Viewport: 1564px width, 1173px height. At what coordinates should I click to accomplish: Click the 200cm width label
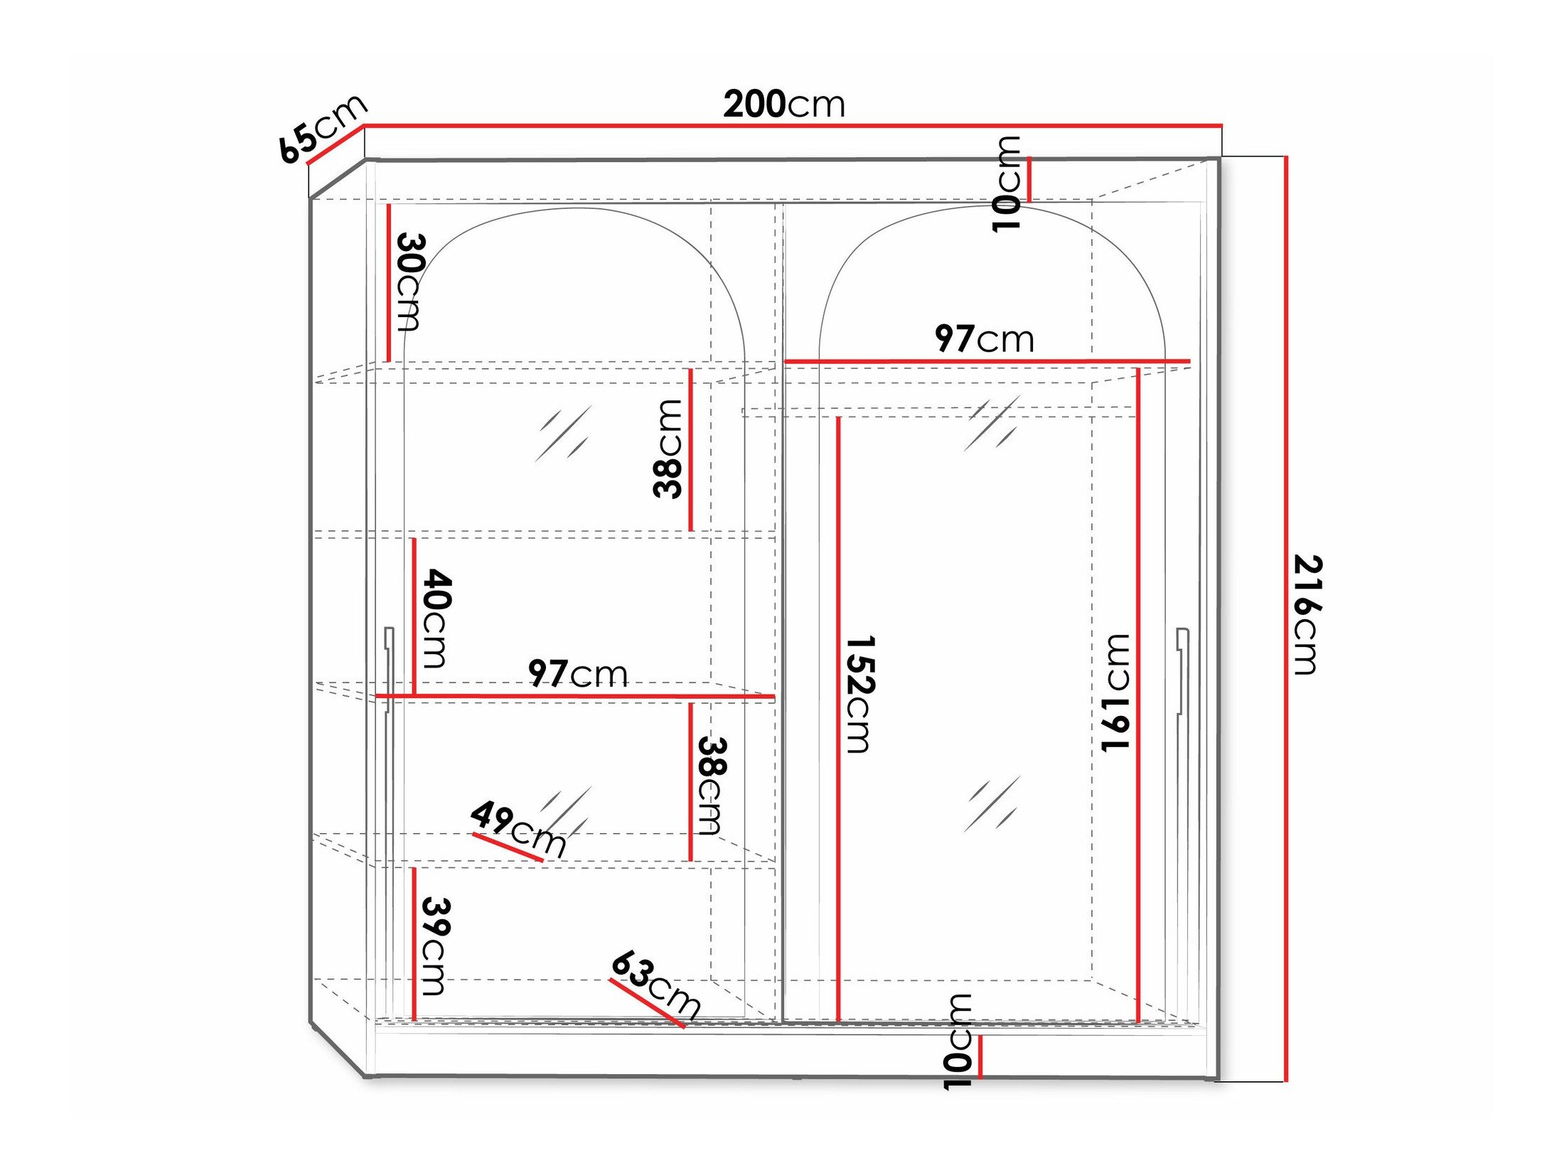(784, 105)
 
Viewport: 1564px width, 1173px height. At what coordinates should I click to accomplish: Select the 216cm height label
(1307, 614)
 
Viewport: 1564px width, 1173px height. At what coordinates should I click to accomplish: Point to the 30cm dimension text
(410, 282)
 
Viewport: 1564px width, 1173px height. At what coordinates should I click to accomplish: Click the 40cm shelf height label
(436, 618)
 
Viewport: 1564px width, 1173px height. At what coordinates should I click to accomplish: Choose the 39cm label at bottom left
(435, 946)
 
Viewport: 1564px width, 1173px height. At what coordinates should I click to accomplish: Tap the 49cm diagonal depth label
(518, 828)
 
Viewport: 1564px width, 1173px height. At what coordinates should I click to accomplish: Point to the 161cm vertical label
(1115, 692)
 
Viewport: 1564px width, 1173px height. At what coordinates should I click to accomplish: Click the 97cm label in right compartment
(984, 338)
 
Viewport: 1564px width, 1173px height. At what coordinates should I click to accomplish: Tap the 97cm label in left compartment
(577, 673)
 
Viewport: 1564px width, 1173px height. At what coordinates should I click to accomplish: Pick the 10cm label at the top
(1006, 183)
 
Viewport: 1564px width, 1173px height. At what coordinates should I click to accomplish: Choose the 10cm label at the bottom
(957, 1042)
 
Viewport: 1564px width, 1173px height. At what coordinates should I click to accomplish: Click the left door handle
(388, 668)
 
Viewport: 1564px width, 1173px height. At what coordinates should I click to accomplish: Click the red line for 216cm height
(1285, 618)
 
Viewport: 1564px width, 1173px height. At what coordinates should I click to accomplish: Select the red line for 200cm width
(793, 126)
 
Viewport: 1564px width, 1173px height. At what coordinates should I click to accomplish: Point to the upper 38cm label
(668, 449)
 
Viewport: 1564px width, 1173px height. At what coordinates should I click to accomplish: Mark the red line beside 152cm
(838, 718)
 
